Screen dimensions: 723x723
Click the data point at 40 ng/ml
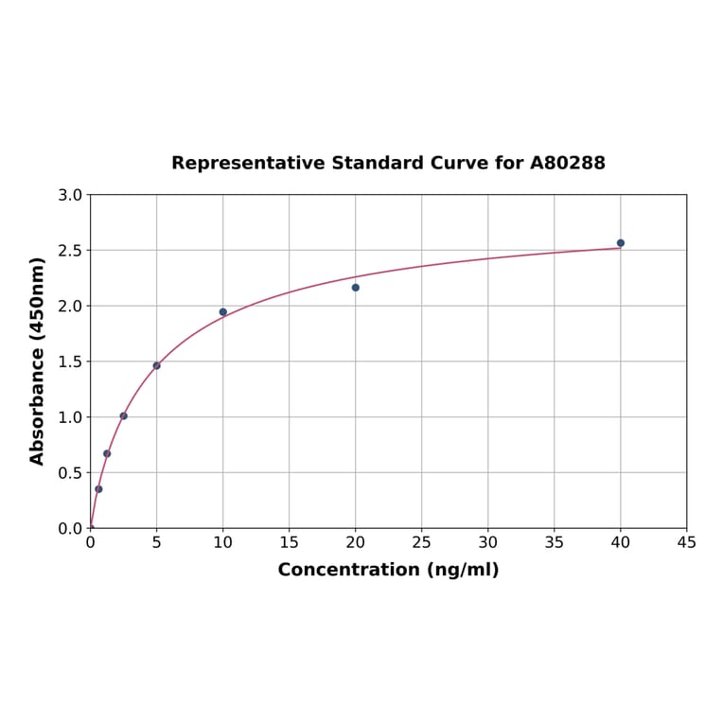[621, 243]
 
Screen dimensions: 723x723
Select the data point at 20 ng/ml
[356, 288]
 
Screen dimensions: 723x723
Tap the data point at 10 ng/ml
[223, 312]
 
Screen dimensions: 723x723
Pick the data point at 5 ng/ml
[157, 365]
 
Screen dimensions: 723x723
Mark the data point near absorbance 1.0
[124, 415]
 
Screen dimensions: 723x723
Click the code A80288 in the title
[567, 163]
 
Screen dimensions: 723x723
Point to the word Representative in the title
[248, 163]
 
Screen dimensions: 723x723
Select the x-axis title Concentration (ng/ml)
[388, 570]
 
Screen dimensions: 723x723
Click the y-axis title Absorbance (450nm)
[38, 361]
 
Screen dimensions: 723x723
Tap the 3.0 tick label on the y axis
[70, 195]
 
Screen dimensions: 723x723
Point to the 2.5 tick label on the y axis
[70, 251]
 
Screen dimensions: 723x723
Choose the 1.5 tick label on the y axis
[70, 361]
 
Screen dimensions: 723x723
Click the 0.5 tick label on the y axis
[70, 473]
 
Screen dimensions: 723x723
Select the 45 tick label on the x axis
[687, 542]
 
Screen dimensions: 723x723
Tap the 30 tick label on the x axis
[488, 542]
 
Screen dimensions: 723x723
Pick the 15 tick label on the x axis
[290, 542]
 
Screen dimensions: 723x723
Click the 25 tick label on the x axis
[422, 542]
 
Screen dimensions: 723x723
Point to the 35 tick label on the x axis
[555, 542]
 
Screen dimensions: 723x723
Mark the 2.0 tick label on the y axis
[70, 306]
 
